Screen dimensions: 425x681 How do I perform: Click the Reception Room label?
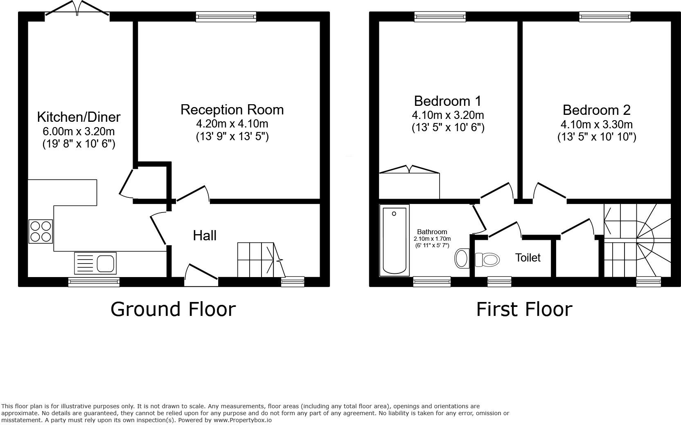[x=232, y=110]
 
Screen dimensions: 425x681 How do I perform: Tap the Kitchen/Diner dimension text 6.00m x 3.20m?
[x=79, y=132]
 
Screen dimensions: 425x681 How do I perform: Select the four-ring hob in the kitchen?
[x=41, y=231]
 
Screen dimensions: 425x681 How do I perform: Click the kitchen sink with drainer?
[x=95, y=263]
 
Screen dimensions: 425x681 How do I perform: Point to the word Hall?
[x=205, y=235]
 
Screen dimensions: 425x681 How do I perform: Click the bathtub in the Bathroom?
[x=394, y=240]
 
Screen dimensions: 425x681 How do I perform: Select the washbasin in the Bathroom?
[x=462, y=259]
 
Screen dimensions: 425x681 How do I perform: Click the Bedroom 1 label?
[x=447, y=101]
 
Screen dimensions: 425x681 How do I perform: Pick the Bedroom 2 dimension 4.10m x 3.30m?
[x=596, y=124]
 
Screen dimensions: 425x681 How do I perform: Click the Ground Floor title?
[x=173, y=309]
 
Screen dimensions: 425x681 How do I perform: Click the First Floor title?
[x=524, y=309]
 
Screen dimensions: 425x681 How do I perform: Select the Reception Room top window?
[x=226, y=16]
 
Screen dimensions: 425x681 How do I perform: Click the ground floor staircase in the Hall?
[x=258, y=260]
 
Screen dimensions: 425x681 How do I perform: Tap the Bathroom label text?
[x=432, y=232]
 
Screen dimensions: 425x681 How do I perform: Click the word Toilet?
[x=528, y=258]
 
